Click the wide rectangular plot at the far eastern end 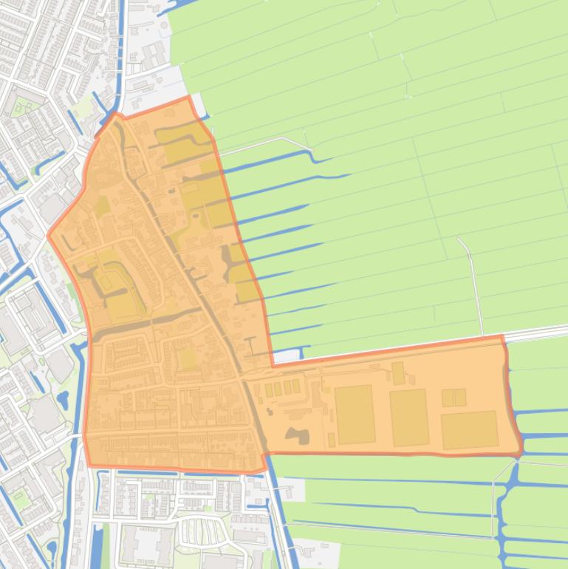tap(470, 429)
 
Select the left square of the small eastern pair tap(448, 398)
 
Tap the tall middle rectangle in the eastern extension tap(409, 418)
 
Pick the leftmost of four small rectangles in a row tap(268, 389)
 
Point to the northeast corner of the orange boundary tap(503, 337)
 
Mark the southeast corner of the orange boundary tap(520, 453)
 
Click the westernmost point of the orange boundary tap(49, 236)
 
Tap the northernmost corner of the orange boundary tap(188, 97)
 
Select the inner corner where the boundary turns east tap(273, 365)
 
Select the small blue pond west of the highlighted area tap(63, 400)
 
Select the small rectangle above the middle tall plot tap(398, 373)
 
